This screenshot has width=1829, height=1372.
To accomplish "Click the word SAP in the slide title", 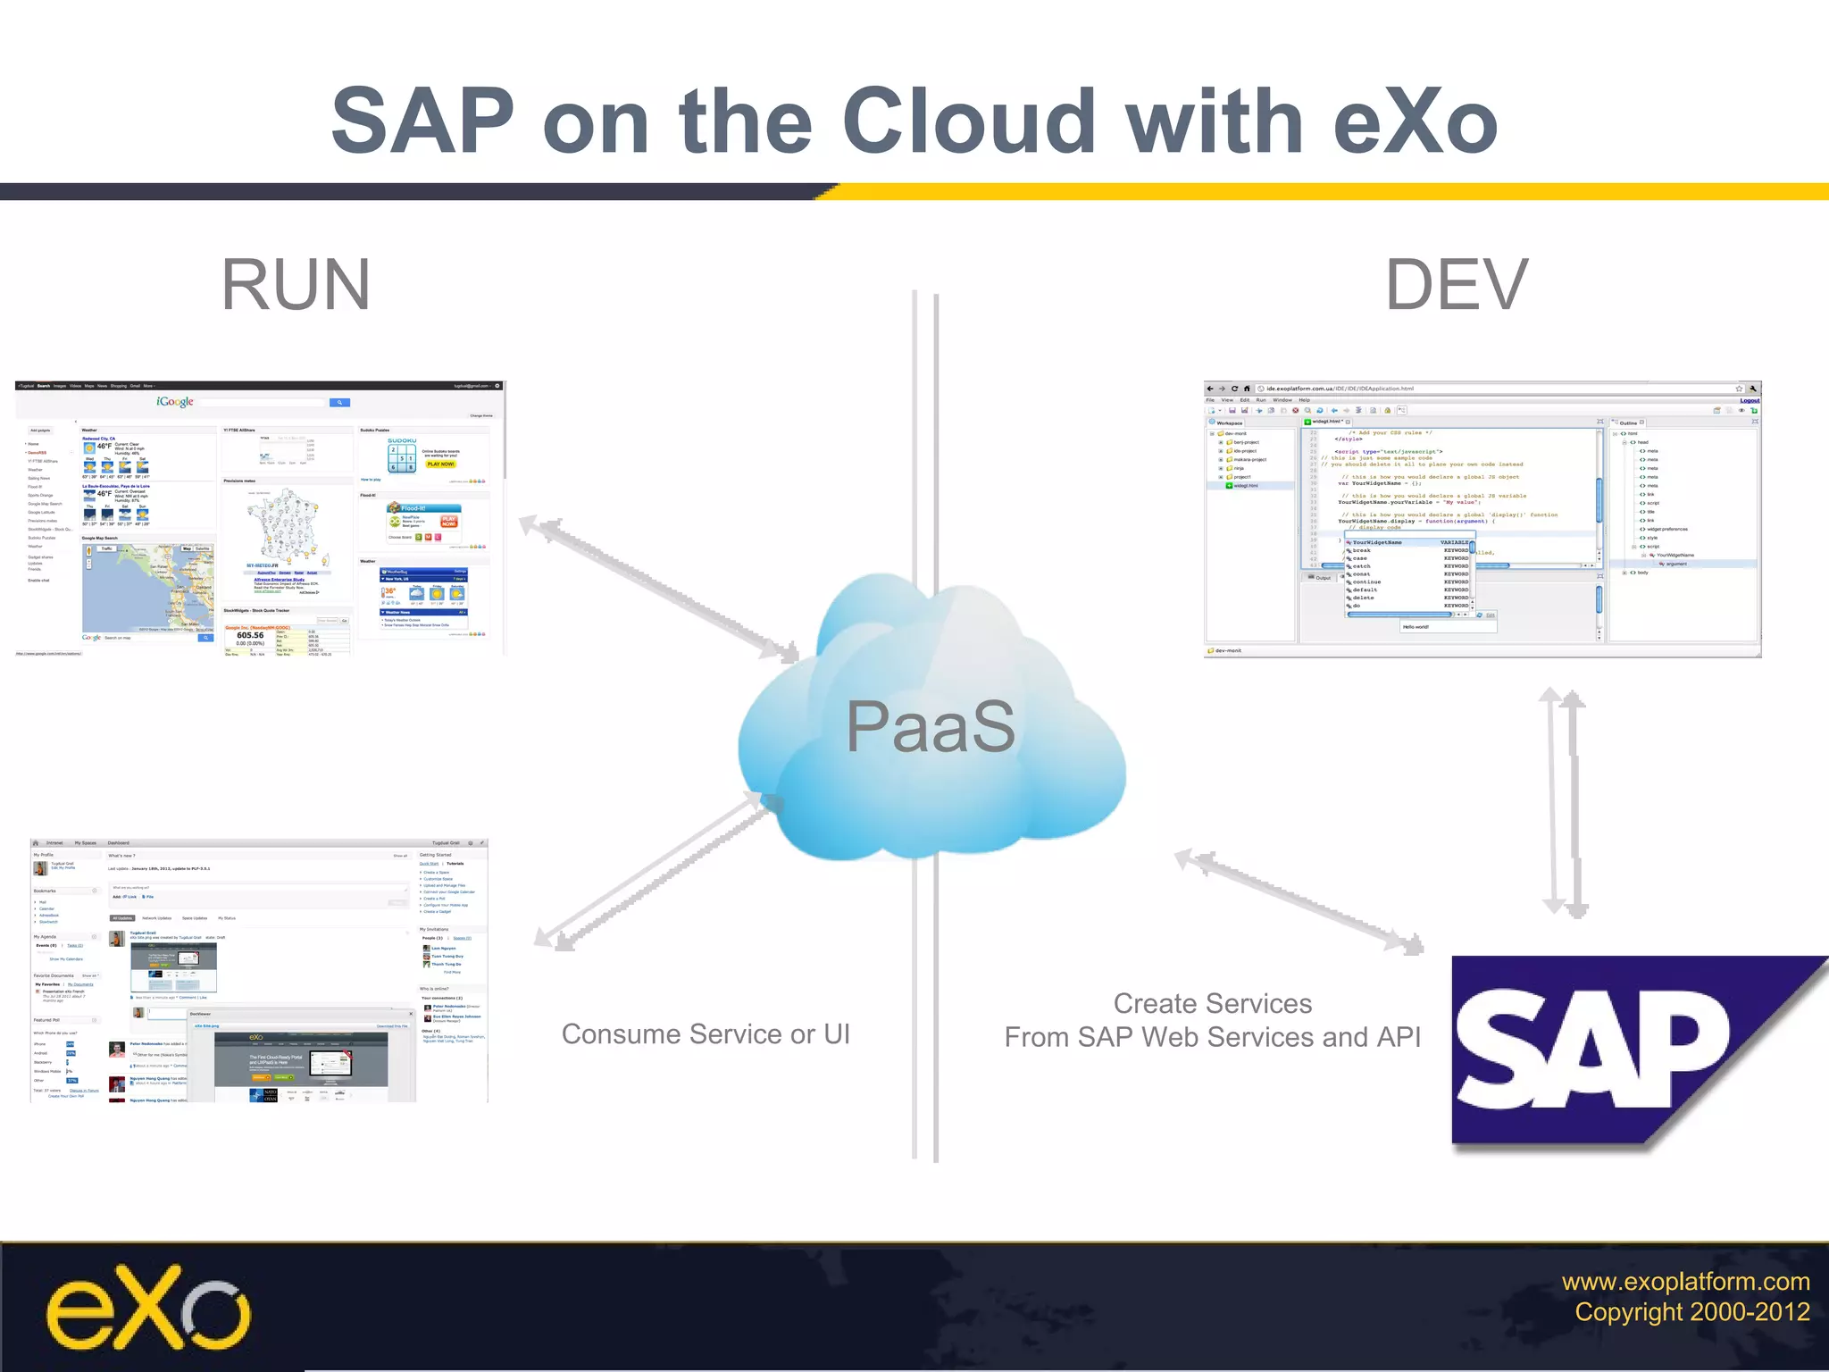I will (x=422, y=121).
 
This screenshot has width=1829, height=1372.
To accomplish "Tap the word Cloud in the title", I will (x=968, y=121).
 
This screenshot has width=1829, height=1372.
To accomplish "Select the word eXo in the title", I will (x=1415, y=121).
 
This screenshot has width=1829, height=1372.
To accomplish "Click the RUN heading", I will (x=296, y=285).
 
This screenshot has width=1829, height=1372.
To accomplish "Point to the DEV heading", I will (x=1457, y=285).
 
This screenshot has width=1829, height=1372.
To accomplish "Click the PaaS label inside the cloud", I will (x=931, y=726).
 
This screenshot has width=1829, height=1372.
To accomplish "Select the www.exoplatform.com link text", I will (x=1685, y=1282).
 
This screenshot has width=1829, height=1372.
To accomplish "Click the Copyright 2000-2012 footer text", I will (x=1691, y=1312).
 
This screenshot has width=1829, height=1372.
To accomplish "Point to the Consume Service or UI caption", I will (x=706, y=1034).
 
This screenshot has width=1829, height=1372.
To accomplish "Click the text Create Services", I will (x=1212, y=1004).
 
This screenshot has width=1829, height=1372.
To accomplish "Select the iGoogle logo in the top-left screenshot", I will (x=175, y=402).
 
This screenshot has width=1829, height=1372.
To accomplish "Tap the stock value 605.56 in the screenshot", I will (x=250, y=636).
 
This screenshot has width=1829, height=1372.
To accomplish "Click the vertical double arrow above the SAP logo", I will (x=1564, y=802).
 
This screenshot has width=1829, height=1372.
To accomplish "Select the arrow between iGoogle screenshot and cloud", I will (x=659, y=590).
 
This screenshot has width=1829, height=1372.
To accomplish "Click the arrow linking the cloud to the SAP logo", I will (x=1299, y=902).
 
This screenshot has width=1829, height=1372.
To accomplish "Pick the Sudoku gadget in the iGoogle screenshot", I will (x=403, y=455).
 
